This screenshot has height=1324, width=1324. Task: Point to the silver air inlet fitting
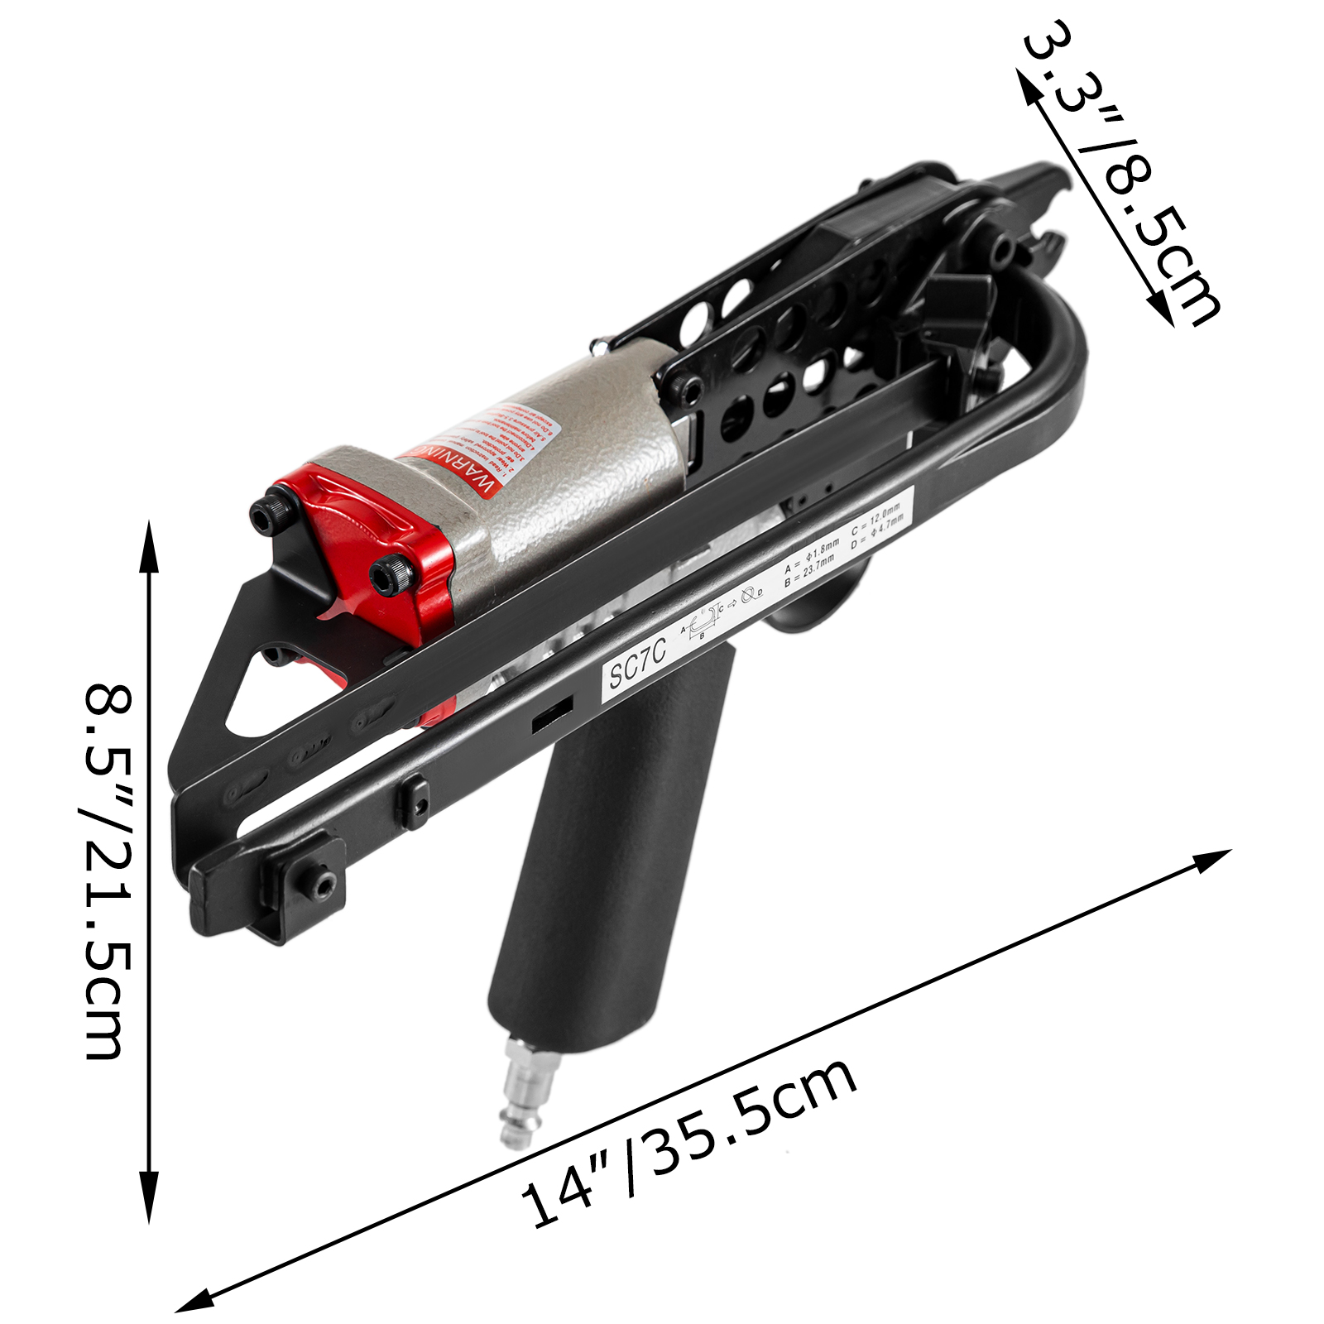[519, 1092]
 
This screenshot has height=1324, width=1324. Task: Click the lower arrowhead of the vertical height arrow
[149, 1200]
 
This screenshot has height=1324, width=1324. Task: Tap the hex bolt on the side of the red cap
[390, 574]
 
